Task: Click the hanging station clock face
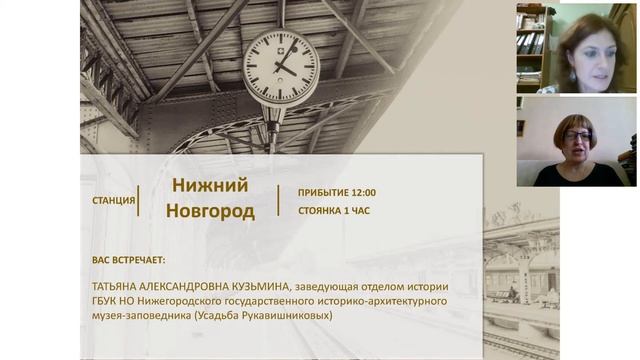(x=281, y=68)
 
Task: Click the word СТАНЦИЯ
(x=113, y=200)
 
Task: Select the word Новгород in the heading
(x=209, y=212)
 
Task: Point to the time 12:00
(x=362, y=192)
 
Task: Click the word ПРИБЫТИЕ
(x=322, y=192)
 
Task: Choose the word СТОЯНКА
(x=321, y=212)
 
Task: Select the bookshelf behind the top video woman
(x=531, y=45)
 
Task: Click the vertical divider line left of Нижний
(x=139, y=199)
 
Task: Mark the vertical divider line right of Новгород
(x=279, y=199)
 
